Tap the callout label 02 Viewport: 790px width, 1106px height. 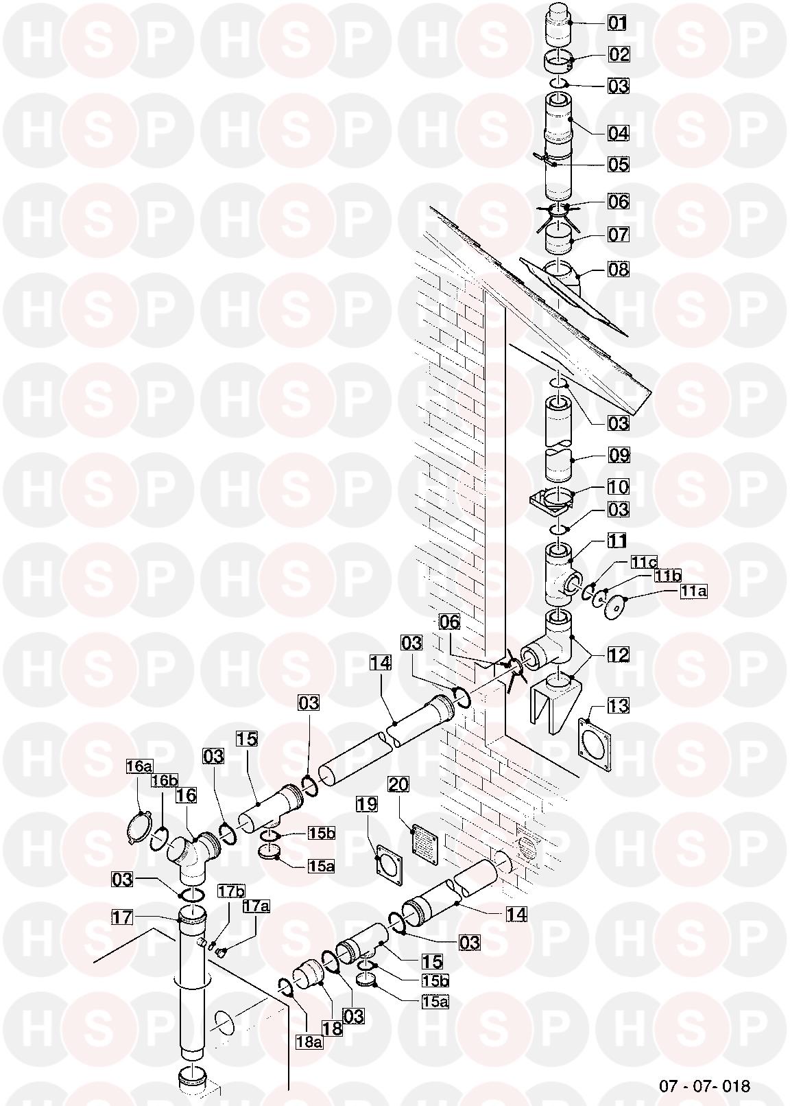click(619, 54)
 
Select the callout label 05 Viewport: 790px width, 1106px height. click(619, 164)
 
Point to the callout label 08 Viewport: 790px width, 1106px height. click(619, 270)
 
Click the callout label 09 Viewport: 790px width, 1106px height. click(619, 454)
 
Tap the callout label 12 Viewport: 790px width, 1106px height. click(619, 655)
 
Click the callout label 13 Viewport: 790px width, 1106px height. click(619, 706)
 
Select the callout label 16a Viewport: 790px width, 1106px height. click(140, 766)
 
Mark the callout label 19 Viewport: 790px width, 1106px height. click(367, 804)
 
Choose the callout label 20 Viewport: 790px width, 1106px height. click(398, 784)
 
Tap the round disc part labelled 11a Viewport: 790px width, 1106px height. click(612, 605)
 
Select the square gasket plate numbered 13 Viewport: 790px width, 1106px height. click(594, 740)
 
